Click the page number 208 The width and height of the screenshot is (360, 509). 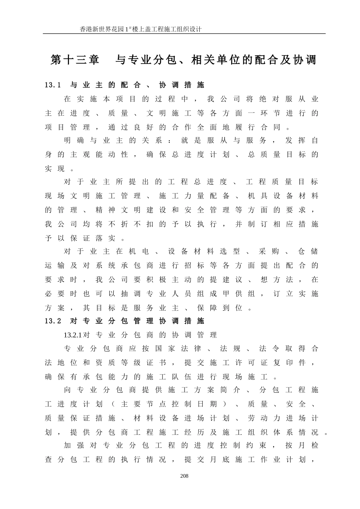click(x=185, y=476)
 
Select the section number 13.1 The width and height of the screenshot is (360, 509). click(x=53, y=85)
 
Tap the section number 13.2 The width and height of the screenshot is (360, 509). click(x=53, y=321)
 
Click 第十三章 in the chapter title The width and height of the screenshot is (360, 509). click(x=75, y=60)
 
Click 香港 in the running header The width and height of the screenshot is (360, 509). click(x=86, y=29)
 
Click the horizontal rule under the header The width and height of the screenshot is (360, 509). click(x=184, y=34)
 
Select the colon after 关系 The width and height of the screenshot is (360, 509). click(x=169, y=141)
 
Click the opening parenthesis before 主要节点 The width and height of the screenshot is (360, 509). click(x=113, y=404)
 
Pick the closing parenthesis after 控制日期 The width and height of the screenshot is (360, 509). click(x=226, y=404)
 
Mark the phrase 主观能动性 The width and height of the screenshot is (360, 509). click(x=99, y=155)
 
